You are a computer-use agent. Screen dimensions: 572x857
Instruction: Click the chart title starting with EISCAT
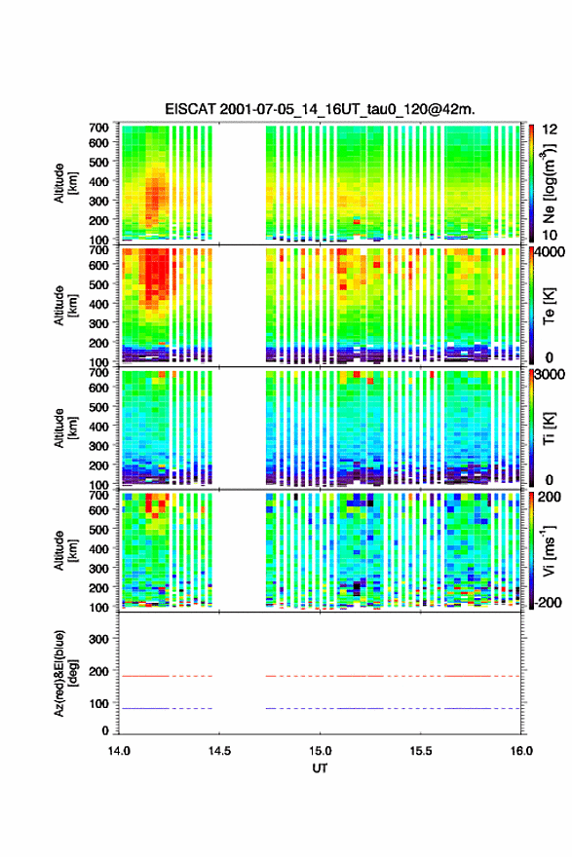pyautogui.click(x=320, y=109)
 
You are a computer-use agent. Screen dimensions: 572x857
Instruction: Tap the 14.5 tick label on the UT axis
pyautogui.click(x=219, y=751)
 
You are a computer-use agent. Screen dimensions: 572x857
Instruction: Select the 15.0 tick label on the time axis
pyautogui.click(x=320, y=751)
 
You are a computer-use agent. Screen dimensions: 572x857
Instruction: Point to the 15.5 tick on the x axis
pyautogui.click(x=421, y=751)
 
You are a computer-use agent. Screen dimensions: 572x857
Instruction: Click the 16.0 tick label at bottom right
pyautogui.click(x=521, y=751)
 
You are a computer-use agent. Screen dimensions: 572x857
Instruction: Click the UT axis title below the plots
pyautogui.click(x=320, y=768)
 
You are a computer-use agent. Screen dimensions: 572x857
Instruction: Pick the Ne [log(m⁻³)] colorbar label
pyautogui.click(x=550, y=183)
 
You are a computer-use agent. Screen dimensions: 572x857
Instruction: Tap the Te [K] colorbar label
pyautogui.click(x=549, y=306)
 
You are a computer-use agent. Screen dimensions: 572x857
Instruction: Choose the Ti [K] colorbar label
pyautogui.click(x=549, y=428)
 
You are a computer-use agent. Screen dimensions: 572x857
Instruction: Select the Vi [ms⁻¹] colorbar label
pyautogui.click(x=550, y=550)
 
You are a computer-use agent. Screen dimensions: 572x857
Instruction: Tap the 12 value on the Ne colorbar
pyautogui.click(x=550, y=130)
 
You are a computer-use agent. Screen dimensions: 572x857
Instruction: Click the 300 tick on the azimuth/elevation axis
pyautogui.click(x=98, y=639)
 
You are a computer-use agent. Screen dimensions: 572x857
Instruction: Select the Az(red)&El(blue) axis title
pyautogui.click(x=66, y=673)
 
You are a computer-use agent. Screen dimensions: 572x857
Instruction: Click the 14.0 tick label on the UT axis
pyautogui.click(x=119, y=751)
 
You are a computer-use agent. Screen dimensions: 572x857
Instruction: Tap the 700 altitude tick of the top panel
pyautogui.click(x=98, y=128)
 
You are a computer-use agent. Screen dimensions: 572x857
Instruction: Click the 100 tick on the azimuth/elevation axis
pyautogui.click(x=98, y=703)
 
